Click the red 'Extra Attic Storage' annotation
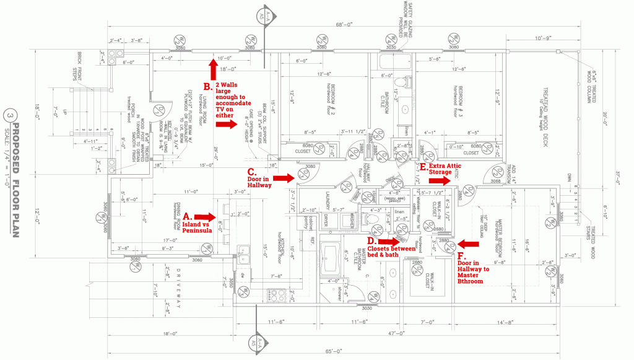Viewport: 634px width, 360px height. (x=445, y=170)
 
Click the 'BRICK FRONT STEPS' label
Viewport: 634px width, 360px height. (x=79, y=59)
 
